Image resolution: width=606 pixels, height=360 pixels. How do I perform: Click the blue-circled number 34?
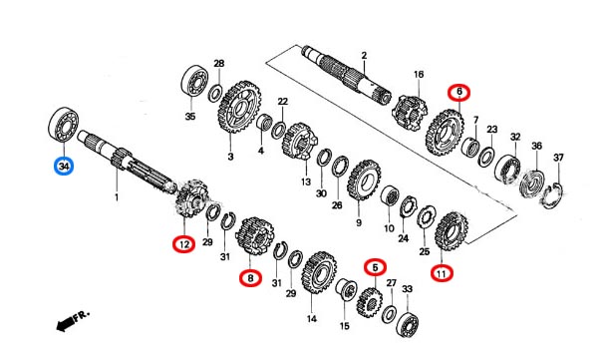(64, 167)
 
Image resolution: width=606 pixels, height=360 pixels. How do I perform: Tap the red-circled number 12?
(184, 244)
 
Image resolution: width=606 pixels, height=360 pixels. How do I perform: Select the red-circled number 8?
(250, 277)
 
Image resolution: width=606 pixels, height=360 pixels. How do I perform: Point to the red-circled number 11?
(442, 274)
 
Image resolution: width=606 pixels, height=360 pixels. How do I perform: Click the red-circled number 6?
(459, 92)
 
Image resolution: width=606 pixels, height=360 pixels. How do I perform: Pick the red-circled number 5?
(375, 267)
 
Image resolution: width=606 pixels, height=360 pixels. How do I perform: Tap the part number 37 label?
(558, 158)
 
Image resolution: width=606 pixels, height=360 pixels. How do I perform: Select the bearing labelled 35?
(194, 82)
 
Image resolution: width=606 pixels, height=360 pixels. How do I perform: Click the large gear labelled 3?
(239, 107)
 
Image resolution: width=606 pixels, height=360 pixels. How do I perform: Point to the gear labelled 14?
(319, 273)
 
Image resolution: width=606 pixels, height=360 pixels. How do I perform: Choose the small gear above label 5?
(370, 302)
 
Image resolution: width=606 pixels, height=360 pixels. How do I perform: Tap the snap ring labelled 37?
(553, 196)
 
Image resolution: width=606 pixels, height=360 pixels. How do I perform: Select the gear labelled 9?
(364, 180)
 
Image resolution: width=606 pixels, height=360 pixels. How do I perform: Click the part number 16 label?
(419, 74)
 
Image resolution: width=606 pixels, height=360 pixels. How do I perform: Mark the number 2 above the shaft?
(364, 56)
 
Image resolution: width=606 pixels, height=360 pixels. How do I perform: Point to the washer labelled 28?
(215, 94)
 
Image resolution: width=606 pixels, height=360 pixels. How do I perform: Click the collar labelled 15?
(345, 289)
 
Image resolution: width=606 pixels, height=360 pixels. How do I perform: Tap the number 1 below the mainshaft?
(117, 198)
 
